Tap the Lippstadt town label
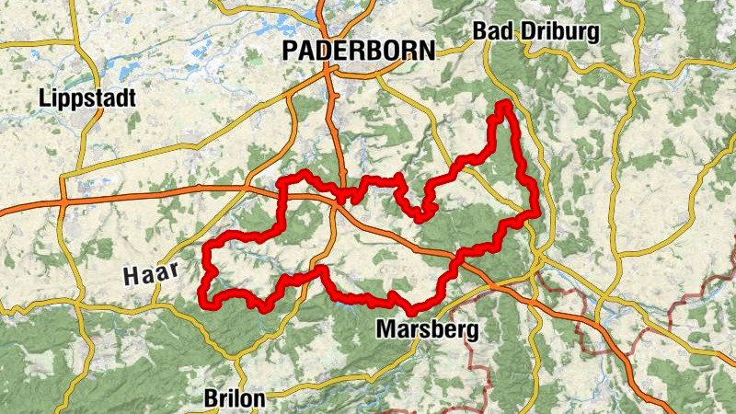tap(88, 98)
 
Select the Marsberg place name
tap(428, 329)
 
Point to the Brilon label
tap(234, 398)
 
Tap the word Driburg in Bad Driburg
tap(560, 32)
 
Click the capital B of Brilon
tap(209, 398)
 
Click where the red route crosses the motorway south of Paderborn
tap(342, 197)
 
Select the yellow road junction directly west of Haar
tap(80, 308)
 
